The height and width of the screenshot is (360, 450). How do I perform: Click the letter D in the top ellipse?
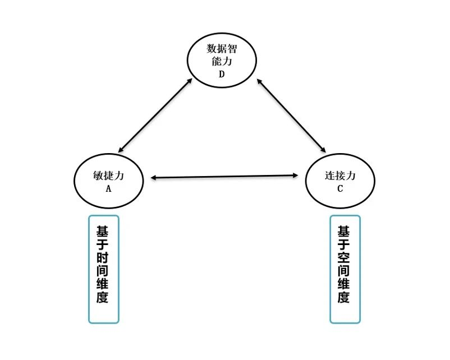222,74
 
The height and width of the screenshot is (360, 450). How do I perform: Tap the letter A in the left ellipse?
108,189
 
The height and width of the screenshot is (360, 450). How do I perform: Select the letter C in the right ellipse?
340,189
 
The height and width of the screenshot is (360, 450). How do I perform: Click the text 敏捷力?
108,176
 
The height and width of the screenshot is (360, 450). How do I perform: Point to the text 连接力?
340,176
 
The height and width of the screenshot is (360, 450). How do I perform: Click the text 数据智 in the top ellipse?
222,48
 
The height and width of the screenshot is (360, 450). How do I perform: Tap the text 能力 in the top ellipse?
222,61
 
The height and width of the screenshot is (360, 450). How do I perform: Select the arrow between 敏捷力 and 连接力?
224,177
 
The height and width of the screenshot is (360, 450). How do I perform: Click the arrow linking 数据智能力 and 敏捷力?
155,116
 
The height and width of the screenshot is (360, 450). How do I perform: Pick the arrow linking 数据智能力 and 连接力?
291,116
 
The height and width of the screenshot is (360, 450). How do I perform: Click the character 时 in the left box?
103,257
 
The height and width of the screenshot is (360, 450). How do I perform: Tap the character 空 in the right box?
343,257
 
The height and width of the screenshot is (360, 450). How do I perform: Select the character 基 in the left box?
103,231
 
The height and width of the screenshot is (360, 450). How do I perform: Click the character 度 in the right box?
343,297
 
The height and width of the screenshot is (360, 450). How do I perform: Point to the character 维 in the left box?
103,284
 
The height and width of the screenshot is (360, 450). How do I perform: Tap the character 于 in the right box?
343,244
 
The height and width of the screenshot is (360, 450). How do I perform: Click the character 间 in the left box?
103,271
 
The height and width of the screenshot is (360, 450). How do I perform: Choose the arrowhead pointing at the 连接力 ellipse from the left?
295,176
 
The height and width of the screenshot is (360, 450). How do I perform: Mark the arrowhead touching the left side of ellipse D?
189,81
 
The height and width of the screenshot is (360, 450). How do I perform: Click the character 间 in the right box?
343,271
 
